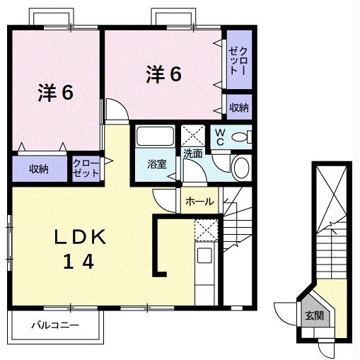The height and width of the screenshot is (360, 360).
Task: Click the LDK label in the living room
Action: click(80, 237)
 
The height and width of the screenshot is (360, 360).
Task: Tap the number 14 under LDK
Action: click(79, 261)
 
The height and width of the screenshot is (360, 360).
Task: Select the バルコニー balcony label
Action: click(55, 325)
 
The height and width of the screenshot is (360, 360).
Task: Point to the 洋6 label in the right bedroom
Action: click(164, 74)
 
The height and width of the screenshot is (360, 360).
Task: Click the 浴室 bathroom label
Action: click(157, 164)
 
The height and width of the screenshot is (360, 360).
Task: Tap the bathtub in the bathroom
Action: click(155, 136)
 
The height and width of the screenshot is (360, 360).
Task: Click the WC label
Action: click(219, 137)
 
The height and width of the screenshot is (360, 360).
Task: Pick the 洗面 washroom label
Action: click(193, 153)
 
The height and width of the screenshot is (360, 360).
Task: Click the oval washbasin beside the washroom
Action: click(240, 168)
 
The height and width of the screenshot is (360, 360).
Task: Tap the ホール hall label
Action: click(199, 202)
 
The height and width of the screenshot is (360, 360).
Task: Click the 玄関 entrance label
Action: click(314, 315)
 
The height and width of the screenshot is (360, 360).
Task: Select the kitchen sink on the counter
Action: click(204, 255)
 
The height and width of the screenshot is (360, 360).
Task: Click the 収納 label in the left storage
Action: click(39, 169)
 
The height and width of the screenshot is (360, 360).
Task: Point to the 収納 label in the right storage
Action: click(239, 108)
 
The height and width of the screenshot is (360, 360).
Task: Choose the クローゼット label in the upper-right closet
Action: click(238, 61)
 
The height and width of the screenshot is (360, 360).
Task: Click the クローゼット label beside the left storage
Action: click(86, 168)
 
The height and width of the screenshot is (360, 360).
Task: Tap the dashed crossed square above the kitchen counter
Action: click(206, 230)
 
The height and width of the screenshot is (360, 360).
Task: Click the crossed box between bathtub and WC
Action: click(193, 136)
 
